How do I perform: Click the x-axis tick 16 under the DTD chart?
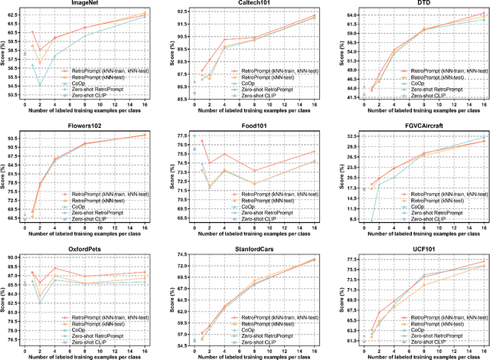click(x=484, y=106)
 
